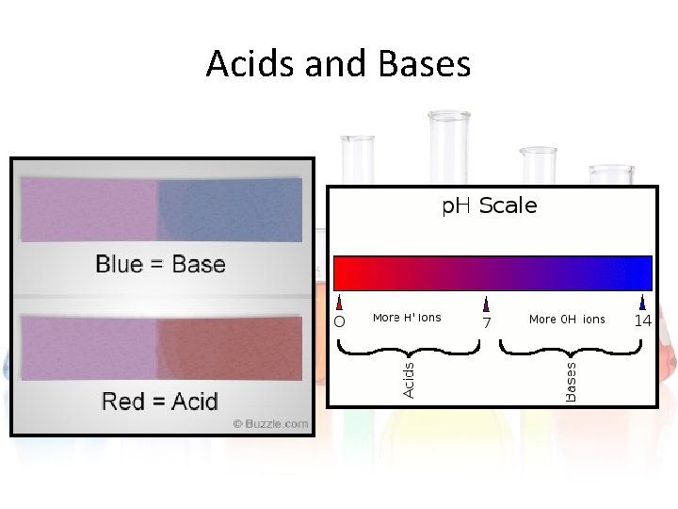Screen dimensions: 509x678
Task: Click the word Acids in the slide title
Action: pos(246,64)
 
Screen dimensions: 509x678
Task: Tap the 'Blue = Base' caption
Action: pos(160,264)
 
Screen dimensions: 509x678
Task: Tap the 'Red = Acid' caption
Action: pos(160,402)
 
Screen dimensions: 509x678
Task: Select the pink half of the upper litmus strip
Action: pos(88,210)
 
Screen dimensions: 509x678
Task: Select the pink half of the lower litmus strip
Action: pos(88,349)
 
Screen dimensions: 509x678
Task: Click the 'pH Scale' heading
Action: pos(490,205)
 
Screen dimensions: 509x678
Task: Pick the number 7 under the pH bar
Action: pos(487,322)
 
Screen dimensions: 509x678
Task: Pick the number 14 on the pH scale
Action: pos(642,320)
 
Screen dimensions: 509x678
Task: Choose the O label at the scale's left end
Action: pos(340,321)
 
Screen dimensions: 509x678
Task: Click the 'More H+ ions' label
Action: pos(407,318)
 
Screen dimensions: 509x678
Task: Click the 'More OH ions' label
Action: pos(567,320)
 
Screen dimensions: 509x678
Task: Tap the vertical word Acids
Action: pos(409,374)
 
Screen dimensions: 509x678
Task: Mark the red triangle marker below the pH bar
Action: pos(339,304)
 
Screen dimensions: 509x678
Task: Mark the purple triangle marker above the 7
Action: pos(486,304)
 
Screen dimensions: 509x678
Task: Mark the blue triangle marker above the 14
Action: pos(642,303)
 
